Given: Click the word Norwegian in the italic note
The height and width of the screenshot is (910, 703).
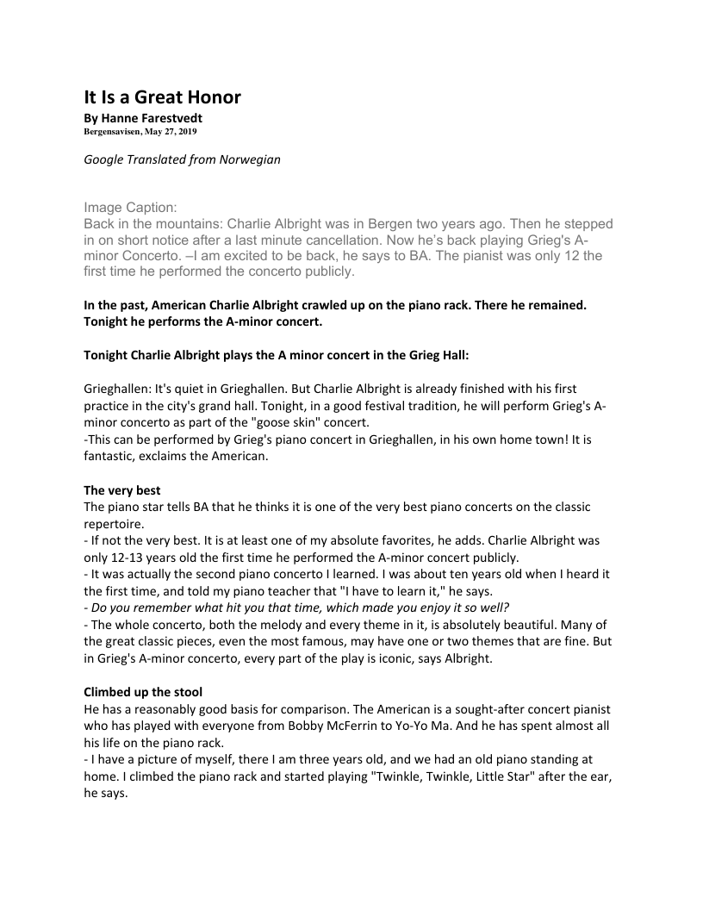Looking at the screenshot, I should coord(249,159).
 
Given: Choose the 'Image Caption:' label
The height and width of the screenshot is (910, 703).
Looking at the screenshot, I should coord(130,208).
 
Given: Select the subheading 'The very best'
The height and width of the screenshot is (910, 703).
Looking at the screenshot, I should coord(122,490).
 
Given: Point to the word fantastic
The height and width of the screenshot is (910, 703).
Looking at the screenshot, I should coord(111,457).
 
